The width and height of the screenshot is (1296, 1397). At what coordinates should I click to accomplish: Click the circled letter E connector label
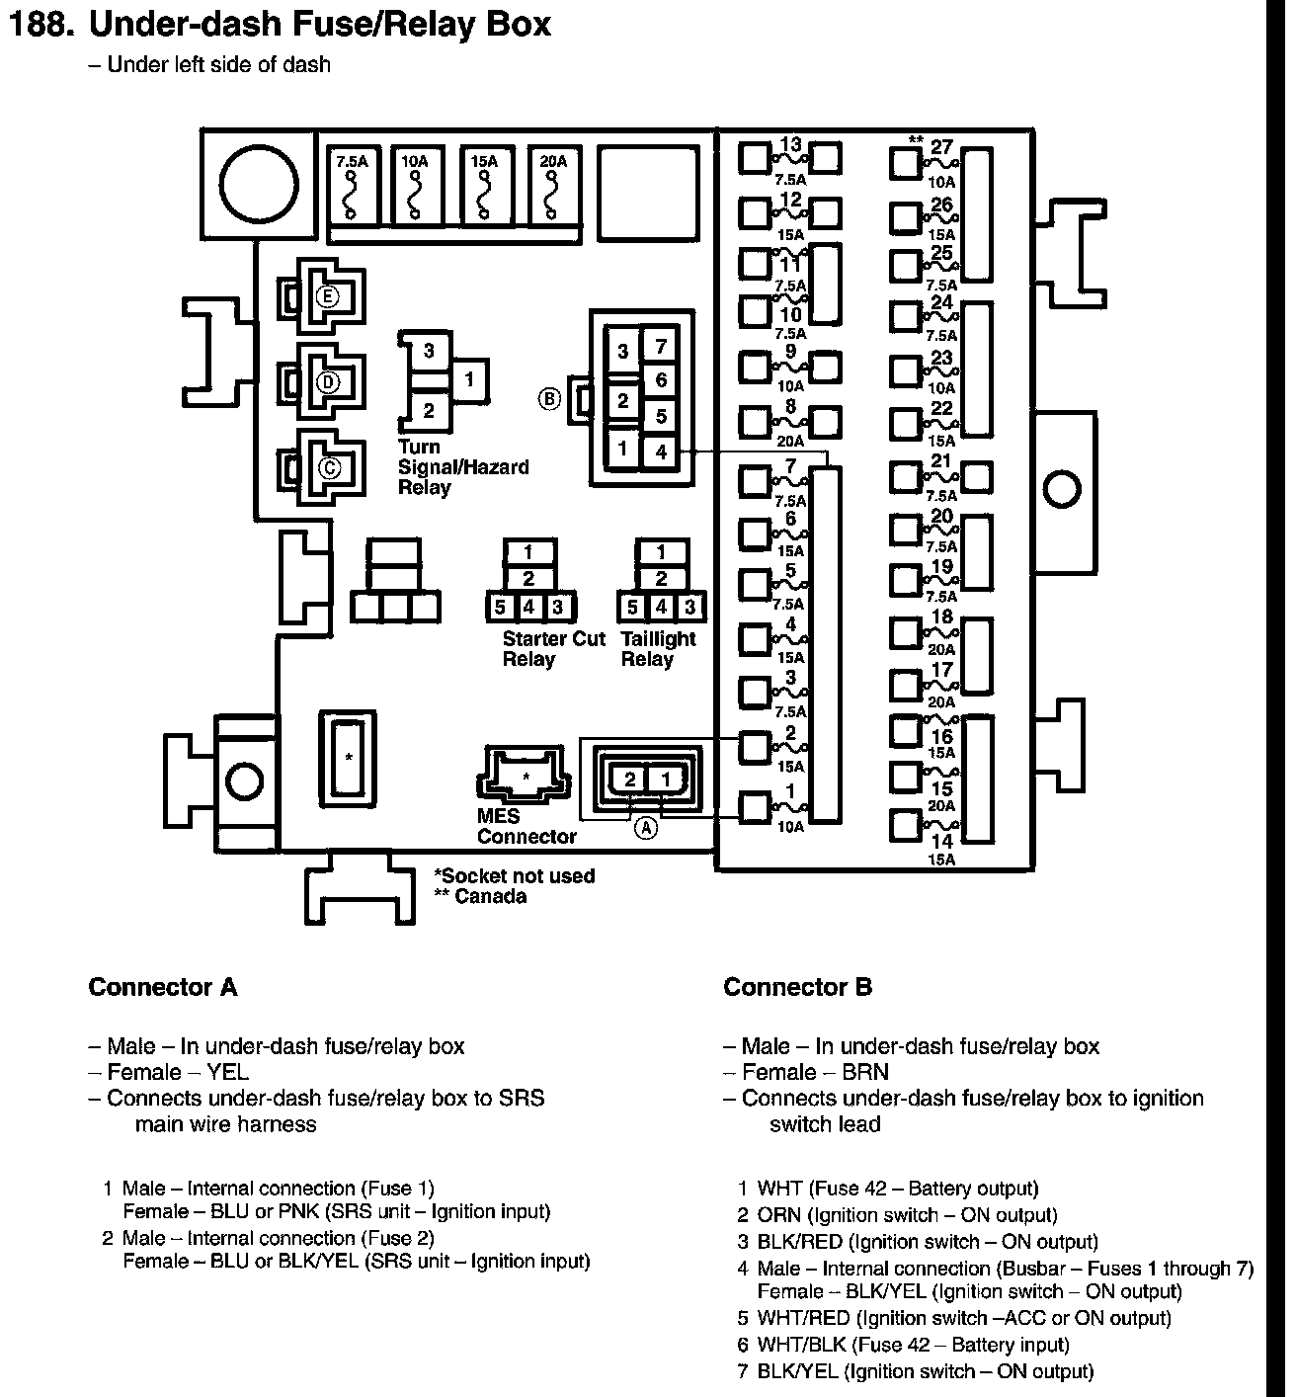pyautogui.click(x=327, y=296)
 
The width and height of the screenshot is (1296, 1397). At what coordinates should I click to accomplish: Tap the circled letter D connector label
pyautogui.click(x=327, y=382)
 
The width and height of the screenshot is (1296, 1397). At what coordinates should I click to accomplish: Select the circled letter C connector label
pyautogui.click(x=327, y=468)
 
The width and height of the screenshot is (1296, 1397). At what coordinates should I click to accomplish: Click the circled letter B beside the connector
pyautogui.click(x=548, y=399)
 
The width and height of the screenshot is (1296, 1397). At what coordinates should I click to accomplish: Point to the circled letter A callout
pyautogui.click(x=645, y=828)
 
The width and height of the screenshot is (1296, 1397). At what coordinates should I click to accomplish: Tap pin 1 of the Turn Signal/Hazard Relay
pyautogui.click(x=470, y=379)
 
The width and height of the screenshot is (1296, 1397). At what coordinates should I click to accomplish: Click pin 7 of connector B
pyautogui.click(x=661, y=347)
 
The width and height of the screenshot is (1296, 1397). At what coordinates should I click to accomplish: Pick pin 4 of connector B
pyautogui.click(x=661, y=452)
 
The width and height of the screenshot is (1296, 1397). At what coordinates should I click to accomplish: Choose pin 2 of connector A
pyautogui.click(x=630, y=780)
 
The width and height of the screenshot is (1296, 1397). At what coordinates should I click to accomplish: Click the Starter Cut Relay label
pyautogui.click(x=552, y=649)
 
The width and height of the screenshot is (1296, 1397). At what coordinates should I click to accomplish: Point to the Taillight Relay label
pyautogui.click(x=658, y=649)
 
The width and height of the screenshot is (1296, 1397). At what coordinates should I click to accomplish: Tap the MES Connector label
pyautogui.click(x=526, y=827)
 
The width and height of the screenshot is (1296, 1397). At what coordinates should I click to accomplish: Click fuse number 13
pyautogui.click(x=790, y=146)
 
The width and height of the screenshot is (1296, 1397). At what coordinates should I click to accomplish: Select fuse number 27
pyautogui.click(x=941, y=148)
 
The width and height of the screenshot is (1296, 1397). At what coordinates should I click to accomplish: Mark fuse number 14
pyautogui.click(x=941, y=842)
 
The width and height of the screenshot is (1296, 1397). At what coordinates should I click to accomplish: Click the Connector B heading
pyautogui.click(x=797, y=987)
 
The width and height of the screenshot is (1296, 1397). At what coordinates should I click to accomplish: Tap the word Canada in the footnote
pyautogui.click(x=490, y=897)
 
